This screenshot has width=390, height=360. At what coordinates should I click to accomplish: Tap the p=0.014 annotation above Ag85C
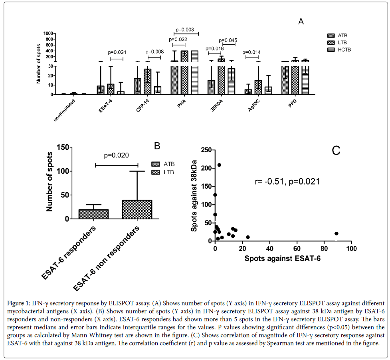tap(251, 52)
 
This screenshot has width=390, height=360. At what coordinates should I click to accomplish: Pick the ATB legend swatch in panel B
tap(157, 164)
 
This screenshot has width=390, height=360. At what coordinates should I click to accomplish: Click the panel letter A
tap(301, 22)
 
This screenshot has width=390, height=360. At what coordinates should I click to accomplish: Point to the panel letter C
tap(336, 150)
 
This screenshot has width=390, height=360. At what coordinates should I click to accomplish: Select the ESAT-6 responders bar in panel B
tap(93, 214)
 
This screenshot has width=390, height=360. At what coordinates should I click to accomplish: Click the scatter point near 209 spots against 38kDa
tap(219, 165)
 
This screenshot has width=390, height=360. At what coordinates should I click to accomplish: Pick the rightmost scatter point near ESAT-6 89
tap(337, 233)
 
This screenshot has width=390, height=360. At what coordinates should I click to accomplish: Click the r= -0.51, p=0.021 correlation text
tap(287, 182)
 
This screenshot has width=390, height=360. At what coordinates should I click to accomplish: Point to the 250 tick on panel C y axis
tap(206, 150)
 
